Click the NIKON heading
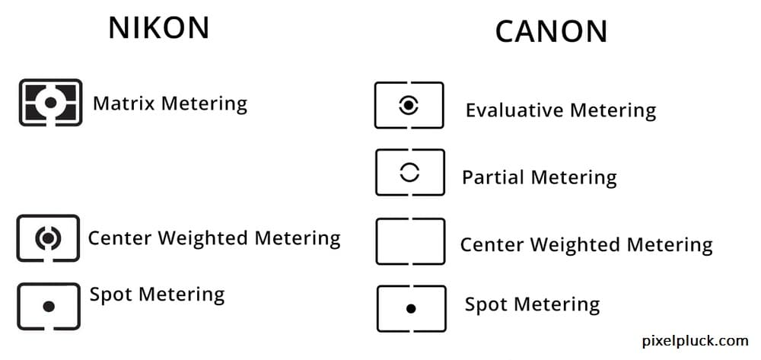[x=158, y=28]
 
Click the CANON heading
[x=551, y=32]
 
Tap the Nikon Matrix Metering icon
[x=50, y=102]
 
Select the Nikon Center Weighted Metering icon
[x=48, y=238]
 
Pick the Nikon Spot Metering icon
[x=49, y=306]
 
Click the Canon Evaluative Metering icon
[x=409, y=106]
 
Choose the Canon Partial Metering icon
[x=409, y=173]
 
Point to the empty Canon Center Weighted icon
[x=410, y=241]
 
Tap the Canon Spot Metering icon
[x=411, y=308]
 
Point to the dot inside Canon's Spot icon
[x=411, y=309]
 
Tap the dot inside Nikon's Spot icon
[x=49, y=307]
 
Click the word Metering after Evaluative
[x=613, y=110]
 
